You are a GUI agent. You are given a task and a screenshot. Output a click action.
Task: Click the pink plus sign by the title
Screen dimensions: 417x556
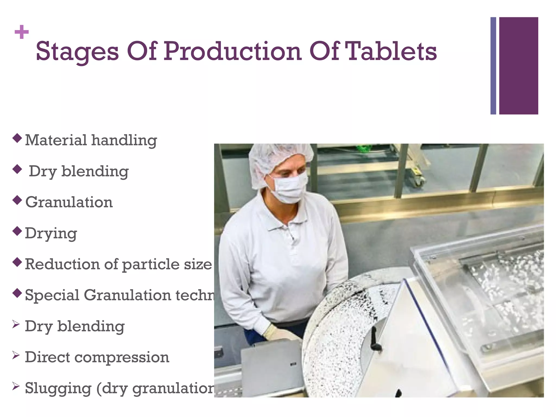(x=22, y=32)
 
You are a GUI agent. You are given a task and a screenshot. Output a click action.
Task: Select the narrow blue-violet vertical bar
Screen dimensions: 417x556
(x=493, y=66)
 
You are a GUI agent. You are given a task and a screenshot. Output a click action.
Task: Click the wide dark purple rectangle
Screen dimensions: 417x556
(x=519, y=66)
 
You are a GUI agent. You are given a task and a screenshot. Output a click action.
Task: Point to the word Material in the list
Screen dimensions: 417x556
(x=56, y=140)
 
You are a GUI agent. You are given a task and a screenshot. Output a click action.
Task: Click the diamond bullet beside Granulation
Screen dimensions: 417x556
(x=17, y=200)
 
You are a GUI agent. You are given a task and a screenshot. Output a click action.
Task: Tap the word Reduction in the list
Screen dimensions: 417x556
(x=62, y=264)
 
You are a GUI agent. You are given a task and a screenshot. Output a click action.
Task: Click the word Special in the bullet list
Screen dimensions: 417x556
(x=52, y=295)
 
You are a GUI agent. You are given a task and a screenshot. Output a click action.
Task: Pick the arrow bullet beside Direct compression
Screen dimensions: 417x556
(x=16, y=355)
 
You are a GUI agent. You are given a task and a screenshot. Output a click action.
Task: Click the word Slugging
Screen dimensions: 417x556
(x=58, y=388)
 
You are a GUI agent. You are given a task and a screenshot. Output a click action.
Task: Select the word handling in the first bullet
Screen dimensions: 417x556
(x=124, y=141)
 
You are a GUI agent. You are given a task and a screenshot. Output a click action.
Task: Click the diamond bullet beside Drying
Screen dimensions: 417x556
(x=17, y=231)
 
